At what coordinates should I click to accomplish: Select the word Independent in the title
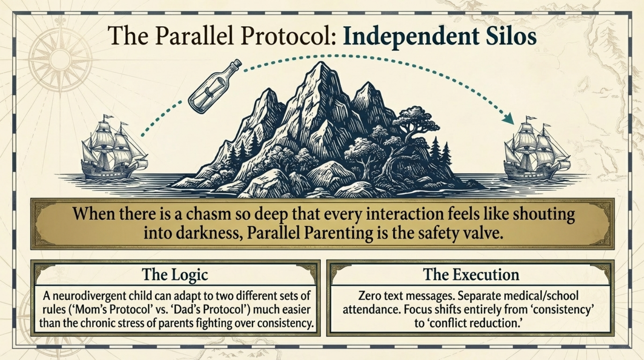(x=410, y=37)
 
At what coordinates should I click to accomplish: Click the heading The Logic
(x=175, y=275)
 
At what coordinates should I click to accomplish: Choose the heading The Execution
(x=471, y=275)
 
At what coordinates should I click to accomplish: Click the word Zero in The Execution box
(x=369, y=296)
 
